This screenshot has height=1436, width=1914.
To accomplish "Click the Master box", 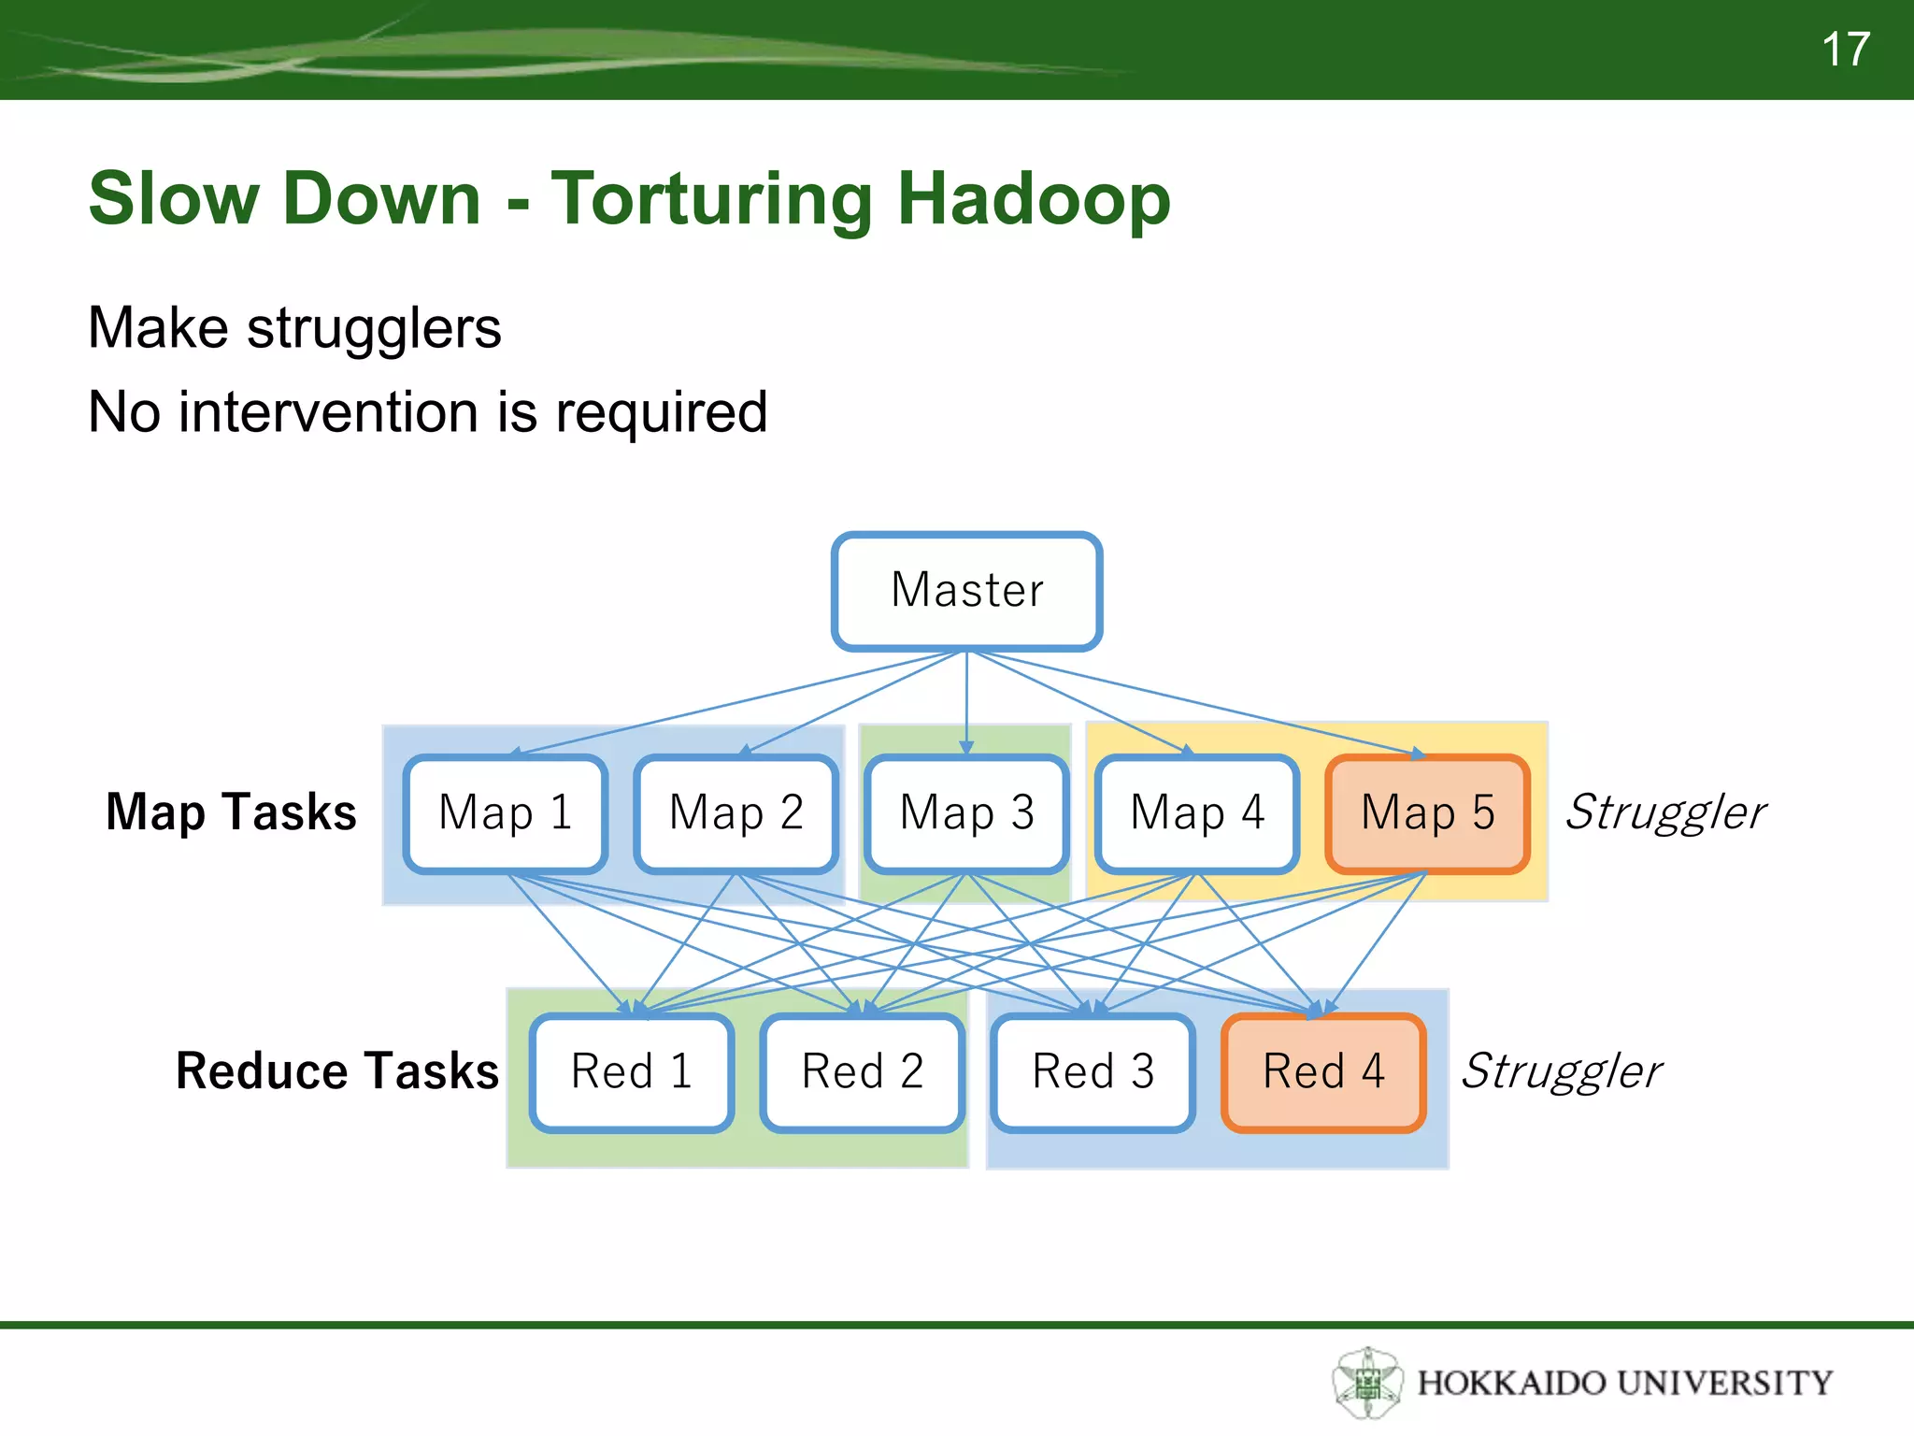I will pos(966,591).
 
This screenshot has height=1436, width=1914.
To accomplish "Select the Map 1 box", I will pos(506,813).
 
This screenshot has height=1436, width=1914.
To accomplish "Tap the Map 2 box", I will pos(736,813).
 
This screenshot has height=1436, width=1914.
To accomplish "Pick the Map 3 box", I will pos(966,813).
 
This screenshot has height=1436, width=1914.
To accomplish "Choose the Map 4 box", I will pos(1197,813).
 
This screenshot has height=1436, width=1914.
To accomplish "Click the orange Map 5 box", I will pos(1427,813).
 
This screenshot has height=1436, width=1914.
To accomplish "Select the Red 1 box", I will pos(632,1072).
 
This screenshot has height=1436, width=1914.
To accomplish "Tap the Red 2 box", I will pos(863,1072).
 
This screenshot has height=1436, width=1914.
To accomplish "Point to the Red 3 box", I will pos(1093,1072).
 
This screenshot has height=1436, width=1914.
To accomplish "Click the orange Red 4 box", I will pos(1323,1072).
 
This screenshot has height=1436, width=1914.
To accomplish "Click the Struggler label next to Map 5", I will pos(1665,812).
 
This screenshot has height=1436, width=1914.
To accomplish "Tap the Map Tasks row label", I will pos(231,811).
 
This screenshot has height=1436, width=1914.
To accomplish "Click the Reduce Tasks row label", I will pos(337,1071).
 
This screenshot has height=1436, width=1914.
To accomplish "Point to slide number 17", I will pos(1845,49).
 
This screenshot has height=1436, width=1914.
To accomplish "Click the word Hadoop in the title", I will pos(1034,199).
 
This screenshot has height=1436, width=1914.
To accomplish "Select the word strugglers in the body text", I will pos(374,328).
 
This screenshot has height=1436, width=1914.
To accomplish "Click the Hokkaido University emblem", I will pos(1367,1382).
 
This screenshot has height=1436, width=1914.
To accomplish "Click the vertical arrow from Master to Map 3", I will pos(966,701).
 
